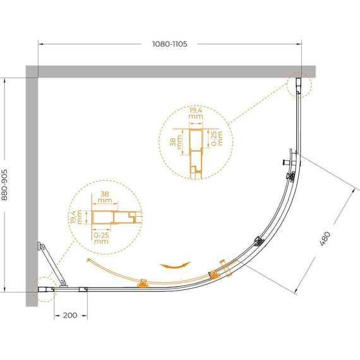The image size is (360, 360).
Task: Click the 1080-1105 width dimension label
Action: tap(170, 44)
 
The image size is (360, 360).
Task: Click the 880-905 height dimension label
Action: tap(4, 185)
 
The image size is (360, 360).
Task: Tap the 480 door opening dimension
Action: tap(325, 239)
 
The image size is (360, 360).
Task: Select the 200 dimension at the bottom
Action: tap(70, 315)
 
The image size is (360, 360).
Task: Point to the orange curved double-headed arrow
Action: tap(175, 265)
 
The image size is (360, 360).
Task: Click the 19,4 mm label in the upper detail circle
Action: tap(196, 113)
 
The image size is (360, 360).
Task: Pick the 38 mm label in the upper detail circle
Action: tap(176, 142)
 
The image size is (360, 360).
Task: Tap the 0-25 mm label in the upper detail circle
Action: tap(217, 138)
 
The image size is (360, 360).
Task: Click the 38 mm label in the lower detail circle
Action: tap(105, 197)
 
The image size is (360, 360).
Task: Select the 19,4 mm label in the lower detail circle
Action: tap(76, 217)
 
